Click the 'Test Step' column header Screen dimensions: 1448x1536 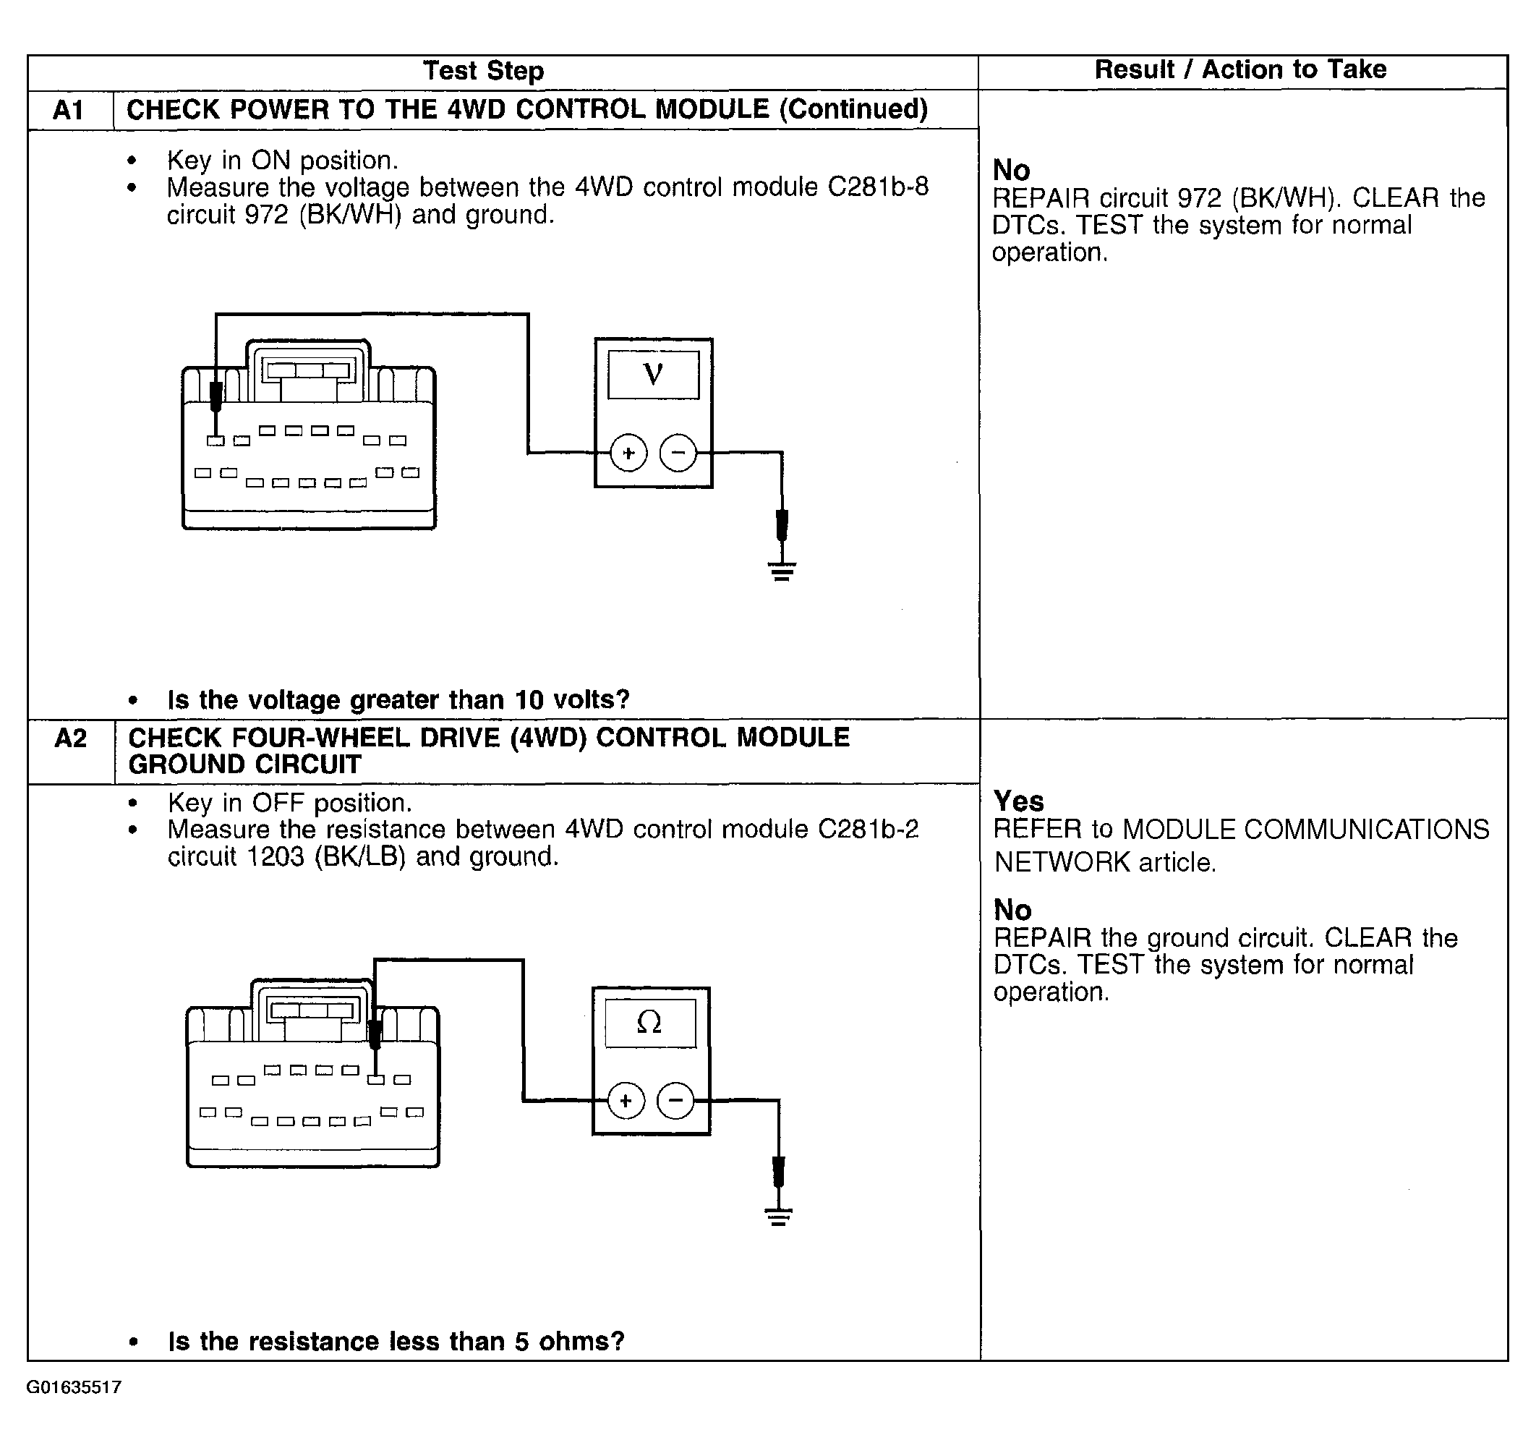click(x=484, y=71)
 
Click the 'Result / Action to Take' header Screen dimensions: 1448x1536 click(x=1240, y=69)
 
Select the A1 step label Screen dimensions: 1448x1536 click(x=68, y=110)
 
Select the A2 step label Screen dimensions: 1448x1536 click(x=70, y=738)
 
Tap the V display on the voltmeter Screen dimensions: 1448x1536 click(x=653, y=375)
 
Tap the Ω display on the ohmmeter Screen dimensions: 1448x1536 click(x=649, y=1023)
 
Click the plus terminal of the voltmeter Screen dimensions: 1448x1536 click(x=628, y=453)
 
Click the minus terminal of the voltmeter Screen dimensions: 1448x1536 click(x=678, y=453)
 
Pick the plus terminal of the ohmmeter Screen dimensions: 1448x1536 click(x=626, y=1101)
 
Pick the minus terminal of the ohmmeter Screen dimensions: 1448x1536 click(x=675, y=1101)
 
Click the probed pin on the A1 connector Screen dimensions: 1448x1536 click(x=216, y=440)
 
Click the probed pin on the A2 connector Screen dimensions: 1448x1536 click(x=375, y=1079)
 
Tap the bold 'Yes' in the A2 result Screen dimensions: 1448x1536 click(x=1018, y=801)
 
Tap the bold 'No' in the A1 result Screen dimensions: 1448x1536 click(x=1010, y=170)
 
